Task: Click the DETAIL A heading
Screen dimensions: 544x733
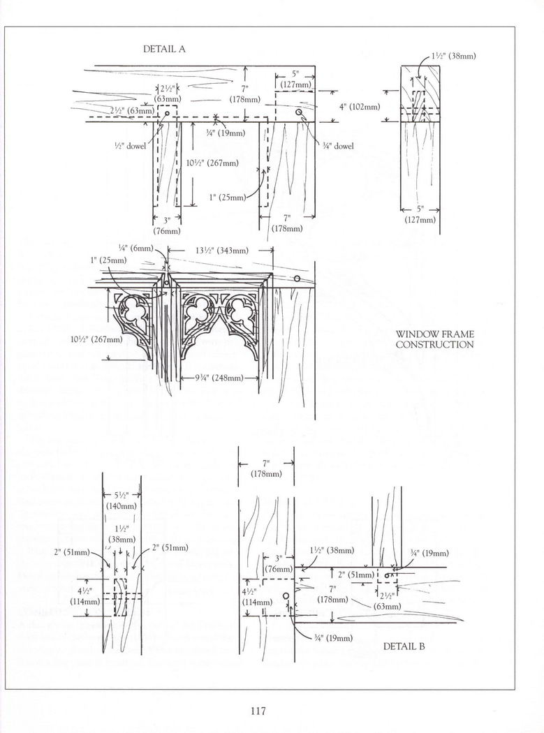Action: click(x=164, y=49)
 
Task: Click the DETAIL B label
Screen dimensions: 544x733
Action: click(x=404, y=646)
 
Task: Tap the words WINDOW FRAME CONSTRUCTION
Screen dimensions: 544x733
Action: click(x=434, y=339)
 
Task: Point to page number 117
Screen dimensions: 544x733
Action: click(x=258, y=711)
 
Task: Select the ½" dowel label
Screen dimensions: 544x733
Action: click(x=130, y=146)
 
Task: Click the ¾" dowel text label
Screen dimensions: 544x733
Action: click(x=338, y=146)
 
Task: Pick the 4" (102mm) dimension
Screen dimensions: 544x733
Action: click(x=360, y=107)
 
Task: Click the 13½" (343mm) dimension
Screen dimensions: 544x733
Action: click(x=223, y=251)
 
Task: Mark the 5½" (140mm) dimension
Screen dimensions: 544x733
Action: click(x=122, y=501)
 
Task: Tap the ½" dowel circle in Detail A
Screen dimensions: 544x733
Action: click(x=166, y=113)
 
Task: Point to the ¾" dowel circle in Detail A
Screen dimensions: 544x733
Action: click(x=298, y=112)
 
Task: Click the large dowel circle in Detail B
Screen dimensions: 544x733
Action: click(x=286, y=595)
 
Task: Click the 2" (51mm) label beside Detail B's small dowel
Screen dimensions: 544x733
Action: click(x=356, y=575)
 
